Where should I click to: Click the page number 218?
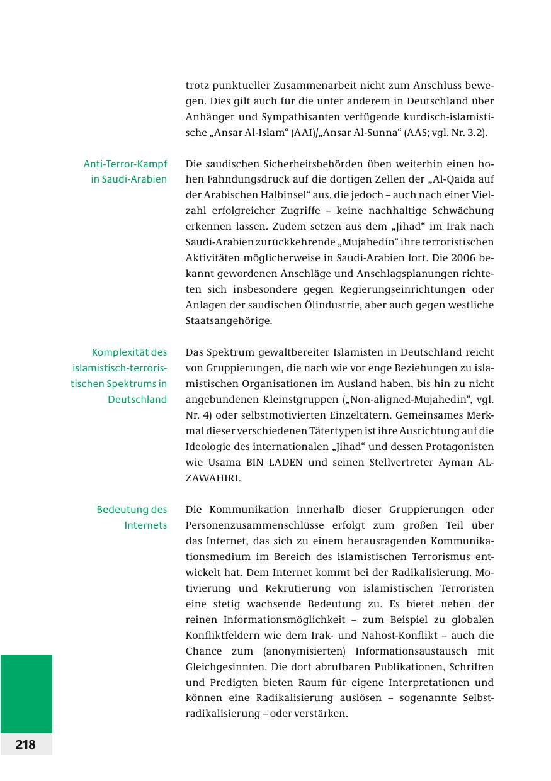click(x=26, y=744)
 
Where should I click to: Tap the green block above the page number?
click(x=26, y=693)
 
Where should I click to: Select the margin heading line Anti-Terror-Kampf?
click(x=125, y=164)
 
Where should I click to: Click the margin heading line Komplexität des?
click(x=129, y=352)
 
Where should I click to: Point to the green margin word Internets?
click(x=145, y=525)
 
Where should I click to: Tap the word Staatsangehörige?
click(x=229, y=321)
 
